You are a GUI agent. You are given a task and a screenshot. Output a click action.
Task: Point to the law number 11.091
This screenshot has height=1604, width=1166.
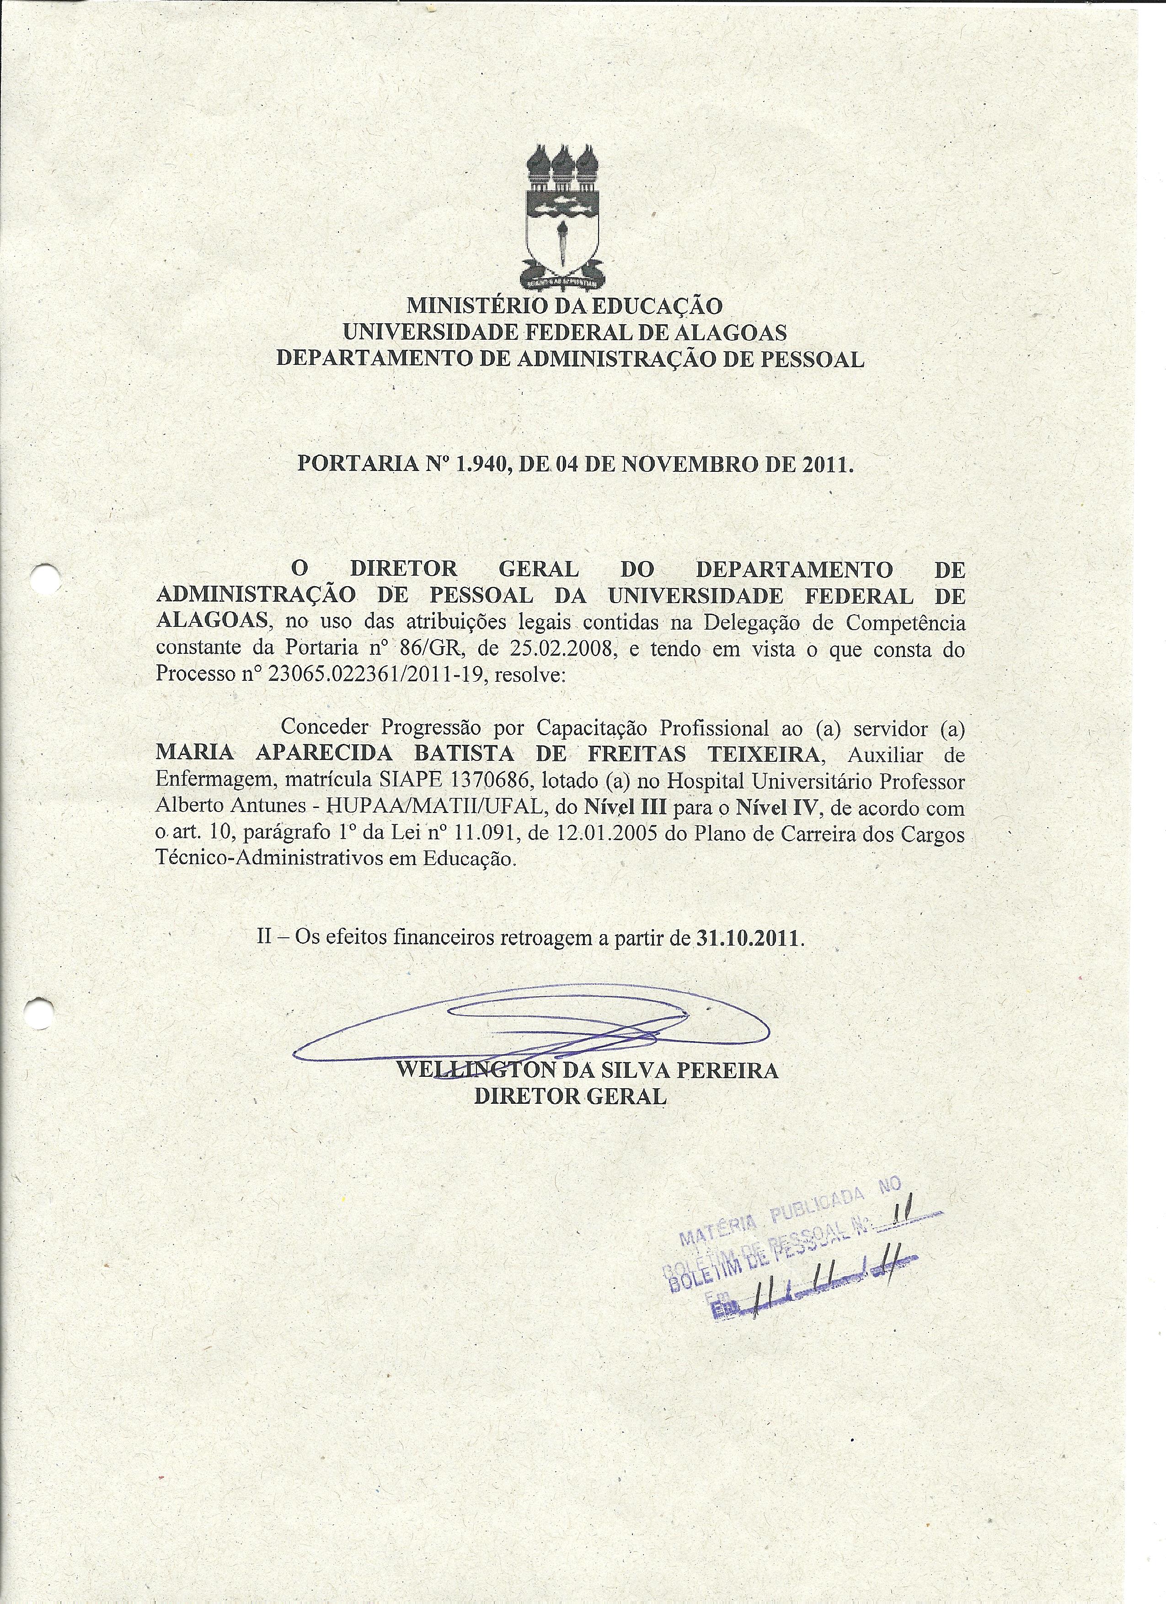tap(487, 834)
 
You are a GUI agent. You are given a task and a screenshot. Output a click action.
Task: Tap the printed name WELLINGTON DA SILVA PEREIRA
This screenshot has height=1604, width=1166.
tap(587, 1069)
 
